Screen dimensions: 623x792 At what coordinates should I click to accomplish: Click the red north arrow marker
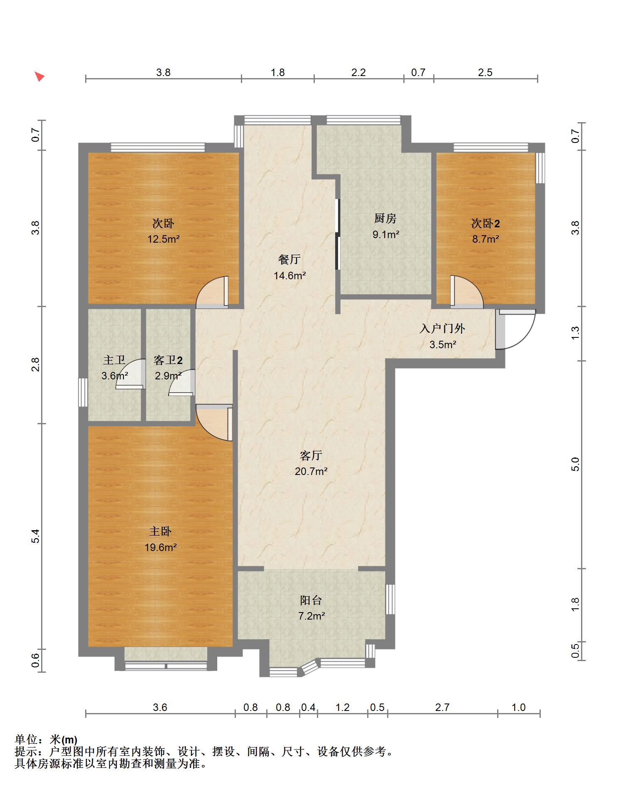pos(39,76)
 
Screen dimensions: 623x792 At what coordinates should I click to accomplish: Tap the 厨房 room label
pos(385,218)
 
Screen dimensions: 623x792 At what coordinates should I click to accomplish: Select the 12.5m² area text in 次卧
pos(164,239)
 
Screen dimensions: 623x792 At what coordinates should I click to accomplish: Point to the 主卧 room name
pos(160,531)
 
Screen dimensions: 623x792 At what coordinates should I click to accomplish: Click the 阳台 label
pos(311,600)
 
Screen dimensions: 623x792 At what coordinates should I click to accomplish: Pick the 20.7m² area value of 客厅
pos(311,471)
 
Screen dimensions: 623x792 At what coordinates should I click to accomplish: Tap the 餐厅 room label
pos(289,259)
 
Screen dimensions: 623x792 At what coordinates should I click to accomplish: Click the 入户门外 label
pos(442,329)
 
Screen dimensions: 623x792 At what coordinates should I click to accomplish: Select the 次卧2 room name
pos(486,224)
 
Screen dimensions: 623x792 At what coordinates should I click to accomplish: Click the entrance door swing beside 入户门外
pos(515,329)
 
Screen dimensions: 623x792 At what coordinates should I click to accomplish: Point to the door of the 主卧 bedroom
pos(214,422)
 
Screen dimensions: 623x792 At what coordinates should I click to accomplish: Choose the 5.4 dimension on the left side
pos(36,536)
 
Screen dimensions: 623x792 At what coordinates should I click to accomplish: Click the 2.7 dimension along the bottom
pos(442,707)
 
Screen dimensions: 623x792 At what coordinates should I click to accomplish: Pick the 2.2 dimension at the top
pos(358,72)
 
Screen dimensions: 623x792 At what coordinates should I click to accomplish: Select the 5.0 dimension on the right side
pos(575,464)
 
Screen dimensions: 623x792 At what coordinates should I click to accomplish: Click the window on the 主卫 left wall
pos(83,392)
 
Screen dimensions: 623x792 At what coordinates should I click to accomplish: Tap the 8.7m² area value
pos(486,239)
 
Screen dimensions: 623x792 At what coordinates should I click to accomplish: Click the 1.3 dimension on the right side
pos(575,333)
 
